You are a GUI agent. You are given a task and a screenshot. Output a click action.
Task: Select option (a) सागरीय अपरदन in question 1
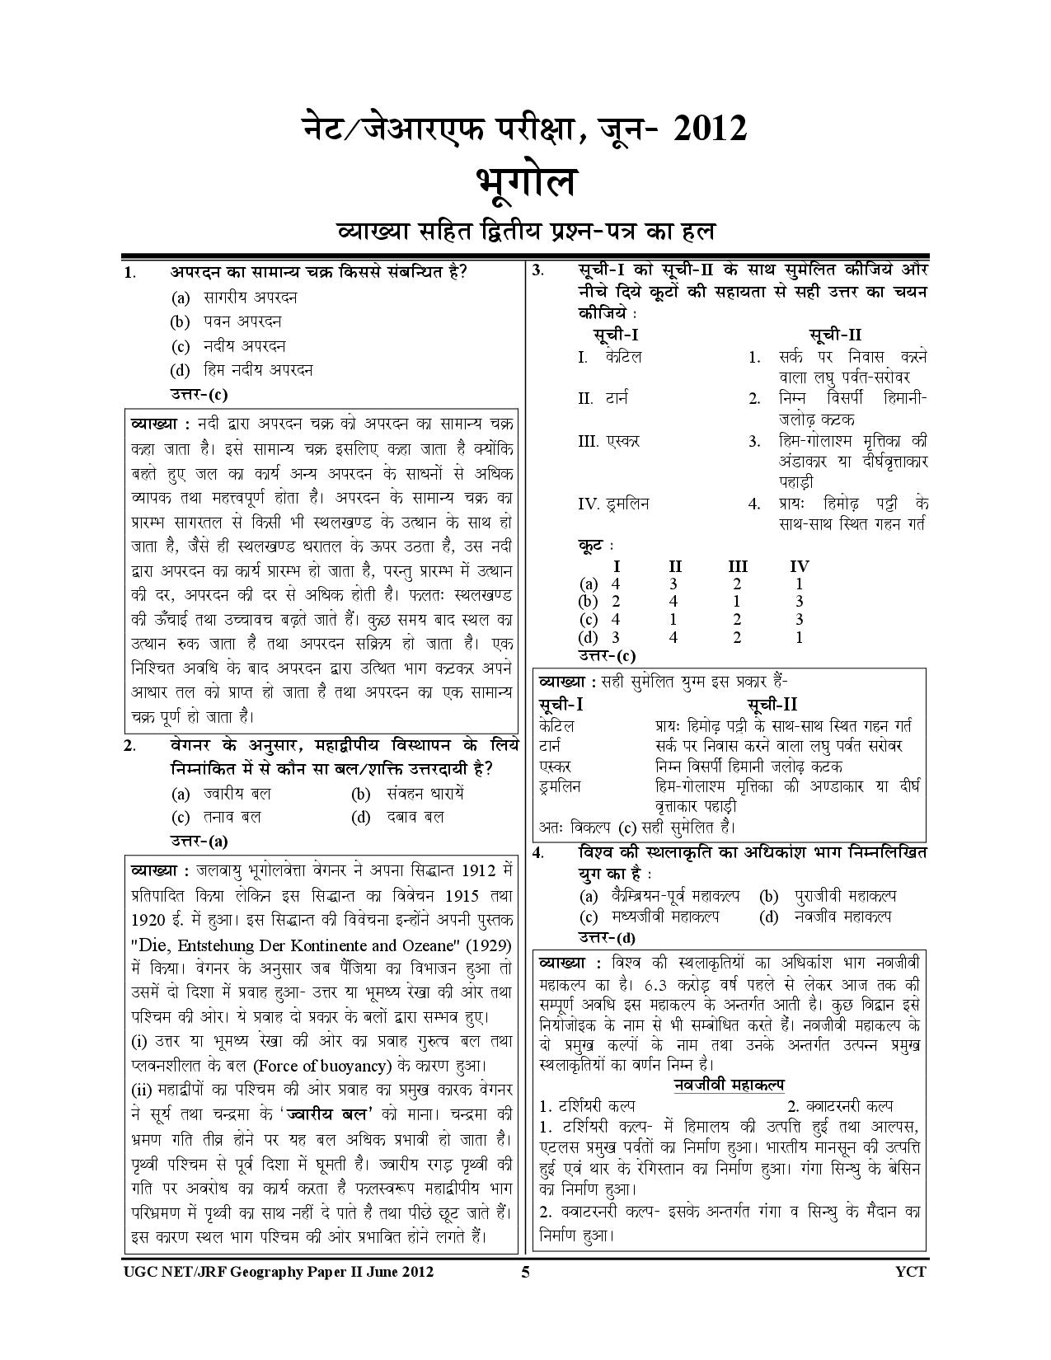pyautogui.click(x=235, y=298)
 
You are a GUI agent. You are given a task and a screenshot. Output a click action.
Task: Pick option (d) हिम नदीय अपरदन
pyautogui.click(x=242, y=370)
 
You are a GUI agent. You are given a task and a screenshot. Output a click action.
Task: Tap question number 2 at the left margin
pyautogui.click(x=129, y=746)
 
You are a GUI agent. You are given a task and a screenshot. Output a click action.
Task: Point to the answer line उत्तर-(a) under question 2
pyautogui.click(x=199, y=842)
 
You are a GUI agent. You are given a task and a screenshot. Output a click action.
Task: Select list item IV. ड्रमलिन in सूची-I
pyautogui.click(x=613, y=504)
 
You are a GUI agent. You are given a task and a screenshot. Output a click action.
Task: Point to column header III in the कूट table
pyautogui.click(x=738, y=566)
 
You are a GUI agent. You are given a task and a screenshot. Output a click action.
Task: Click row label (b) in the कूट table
pyautogui.click(x=588, y=602)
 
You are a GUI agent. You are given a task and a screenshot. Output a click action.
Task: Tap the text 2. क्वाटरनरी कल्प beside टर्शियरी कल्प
pyautogui.click(x=840, y=1106)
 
